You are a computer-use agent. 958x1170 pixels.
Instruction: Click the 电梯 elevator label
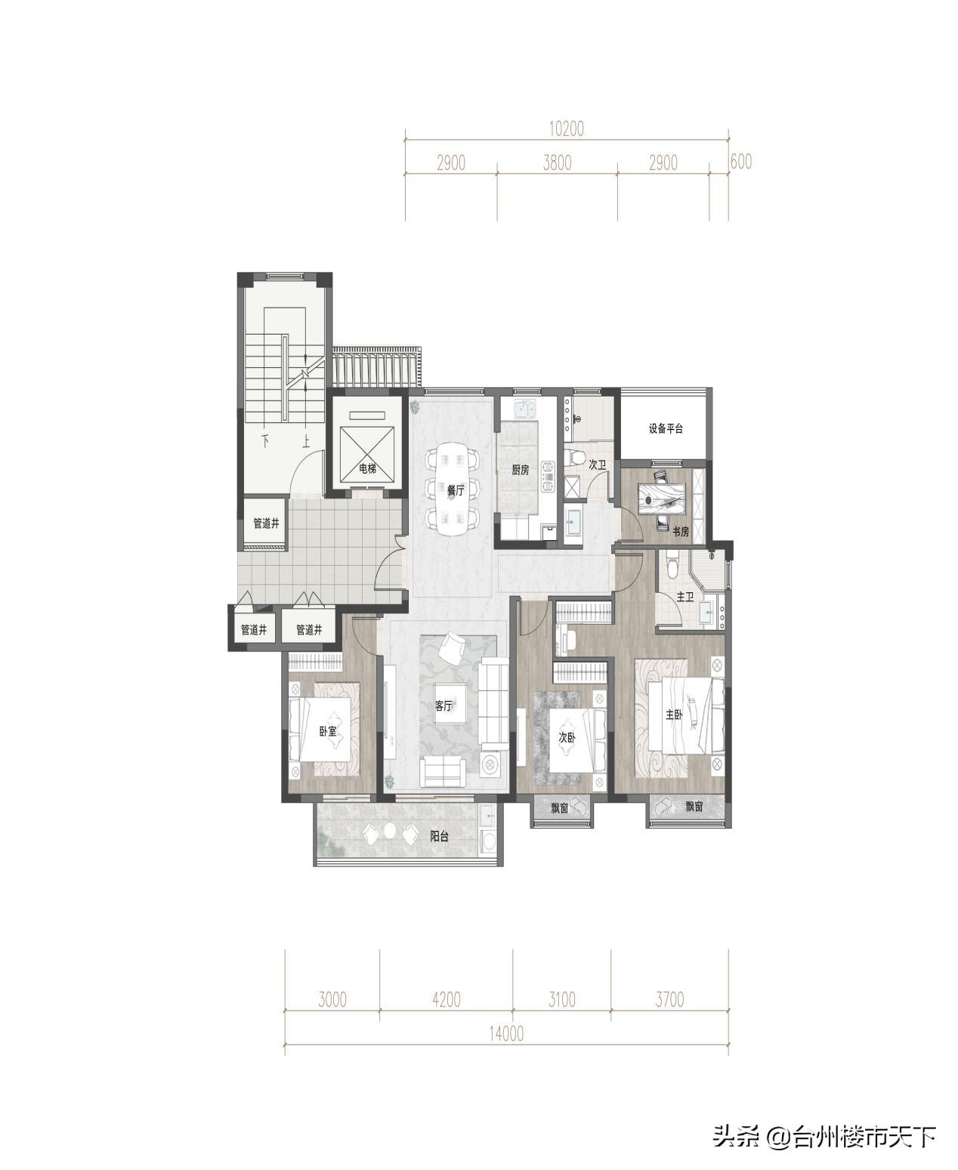(x=367, y=469)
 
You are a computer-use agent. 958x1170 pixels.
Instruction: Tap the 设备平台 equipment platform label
(x=666, y=428)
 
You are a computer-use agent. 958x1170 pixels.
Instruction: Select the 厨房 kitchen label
(x=520, y=470)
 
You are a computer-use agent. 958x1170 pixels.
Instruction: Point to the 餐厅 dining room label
(x=456, y=490)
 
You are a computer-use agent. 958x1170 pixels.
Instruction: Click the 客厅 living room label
(x=443, y=705)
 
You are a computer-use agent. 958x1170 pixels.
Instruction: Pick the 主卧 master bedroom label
(x=674, y=715)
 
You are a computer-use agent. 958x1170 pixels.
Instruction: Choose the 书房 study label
(x=681, y=532)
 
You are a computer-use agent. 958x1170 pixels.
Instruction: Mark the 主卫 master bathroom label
(x=685, y=597)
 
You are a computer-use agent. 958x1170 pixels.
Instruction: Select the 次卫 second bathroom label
(x=597, y=465)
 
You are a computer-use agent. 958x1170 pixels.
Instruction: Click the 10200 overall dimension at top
(x=567, y=128)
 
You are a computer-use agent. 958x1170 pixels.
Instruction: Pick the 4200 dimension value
(x=447, y=999)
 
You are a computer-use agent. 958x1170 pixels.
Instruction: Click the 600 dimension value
(x=741, y=161)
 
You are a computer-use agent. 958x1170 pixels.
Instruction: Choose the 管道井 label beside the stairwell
(x=266, y=523)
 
